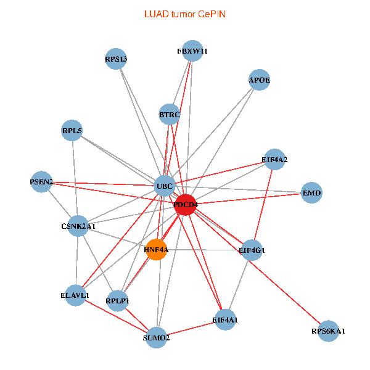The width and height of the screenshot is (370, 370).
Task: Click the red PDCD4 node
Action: [x=186, y=204]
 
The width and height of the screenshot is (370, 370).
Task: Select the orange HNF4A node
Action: [x=157, y=249]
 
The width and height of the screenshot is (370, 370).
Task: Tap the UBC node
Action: [x=165, y=186]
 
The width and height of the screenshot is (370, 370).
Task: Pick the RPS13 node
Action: [x=116, y=59]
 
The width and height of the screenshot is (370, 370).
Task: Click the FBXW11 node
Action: [x=192, y=51]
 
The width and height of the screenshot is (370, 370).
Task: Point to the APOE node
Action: [x=260, y=80]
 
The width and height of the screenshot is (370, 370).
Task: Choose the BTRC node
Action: [x=170, y=114]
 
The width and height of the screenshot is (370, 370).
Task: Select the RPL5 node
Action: [x=72, y=130]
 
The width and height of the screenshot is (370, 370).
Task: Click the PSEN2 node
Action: [x=42, y=182]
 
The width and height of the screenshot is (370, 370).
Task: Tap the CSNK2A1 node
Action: [x=78, y=226]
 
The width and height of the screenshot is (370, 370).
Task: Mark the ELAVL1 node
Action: [x=75, y=295]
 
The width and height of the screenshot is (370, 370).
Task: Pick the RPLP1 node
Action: [x=117, y=300]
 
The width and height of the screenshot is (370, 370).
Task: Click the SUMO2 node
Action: [x=157, y=337]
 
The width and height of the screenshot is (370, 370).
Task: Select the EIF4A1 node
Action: [x=225, y=319]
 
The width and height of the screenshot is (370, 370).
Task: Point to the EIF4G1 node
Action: [x=251, y=250]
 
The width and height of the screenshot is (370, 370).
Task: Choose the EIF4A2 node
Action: [x=274, y=160]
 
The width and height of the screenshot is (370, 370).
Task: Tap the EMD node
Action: [x=311, y=193]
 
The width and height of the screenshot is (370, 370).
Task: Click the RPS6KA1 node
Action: [x=328, y=331]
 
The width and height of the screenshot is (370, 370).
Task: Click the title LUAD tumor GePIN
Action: [x=185, y=14]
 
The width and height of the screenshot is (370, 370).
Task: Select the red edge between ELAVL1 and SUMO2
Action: [x=116, y=316]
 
